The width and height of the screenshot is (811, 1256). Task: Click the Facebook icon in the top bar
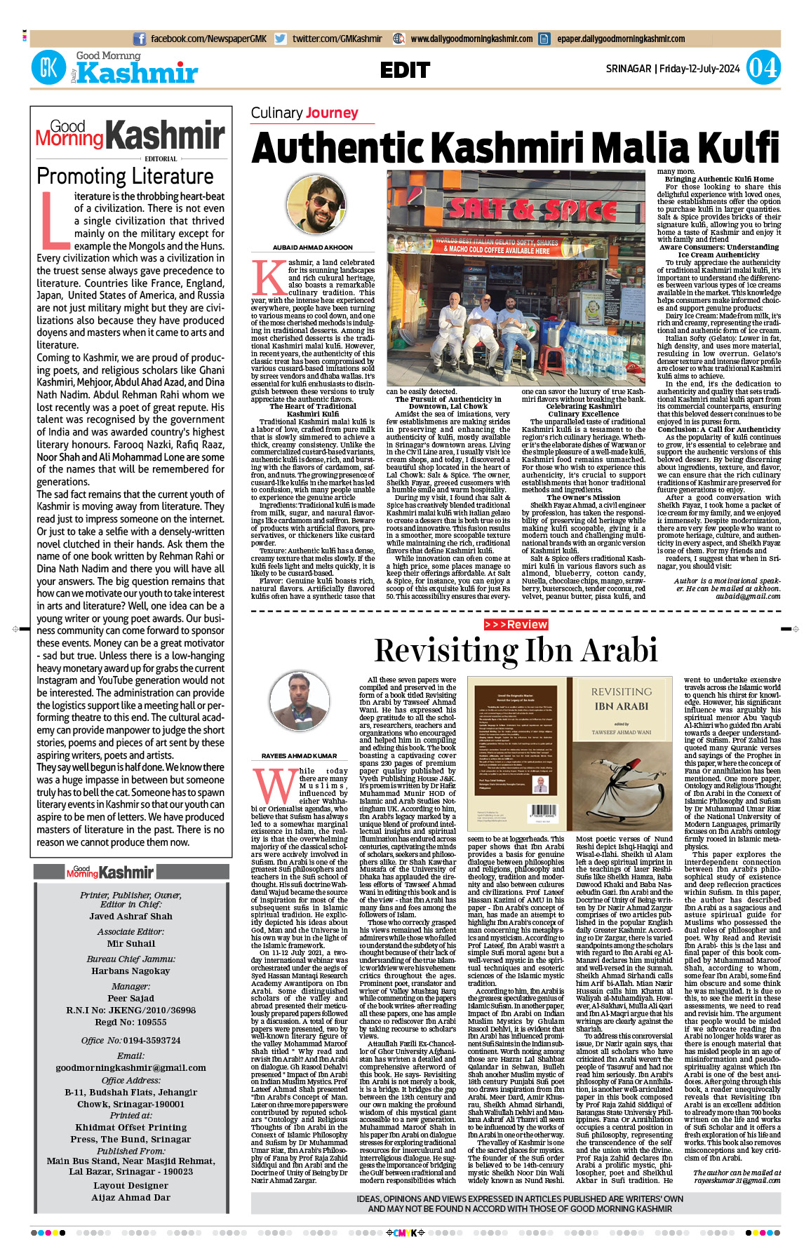(140, 39)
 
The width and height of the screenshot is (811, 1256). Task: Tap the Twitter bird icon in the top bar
(281, 39)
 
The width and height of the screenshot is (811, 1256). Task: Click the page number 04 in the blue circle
(763, 68)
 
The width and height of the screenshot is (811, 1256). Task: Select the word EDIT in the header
(405, 70)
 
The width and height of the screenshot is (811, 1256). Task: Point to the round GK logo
(48, 68)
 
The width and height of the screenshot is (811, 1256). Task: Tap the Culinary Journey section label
(304, 113)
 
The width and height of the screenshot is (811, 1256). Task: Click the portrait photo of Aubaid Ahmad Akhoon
(312, 207)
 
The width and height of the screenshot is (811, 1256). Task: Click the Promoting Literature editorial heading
(125, 176)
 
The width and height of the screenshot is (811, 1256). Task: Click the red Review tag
(516, 624)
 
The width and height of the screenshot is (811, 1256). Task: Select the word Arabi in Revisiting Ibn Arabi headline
(618, 650)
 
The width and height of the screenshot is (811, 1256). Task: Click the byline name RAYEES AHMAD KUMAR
(299, 756)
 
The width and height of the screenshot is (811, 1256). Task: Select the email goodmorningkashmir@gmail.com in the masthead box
(130, 1067)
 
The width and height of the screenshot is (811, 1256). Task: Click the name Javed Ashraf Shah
(130, 916)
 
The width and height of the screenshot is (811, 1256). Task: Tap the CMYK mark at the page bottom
(405, 1233)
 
